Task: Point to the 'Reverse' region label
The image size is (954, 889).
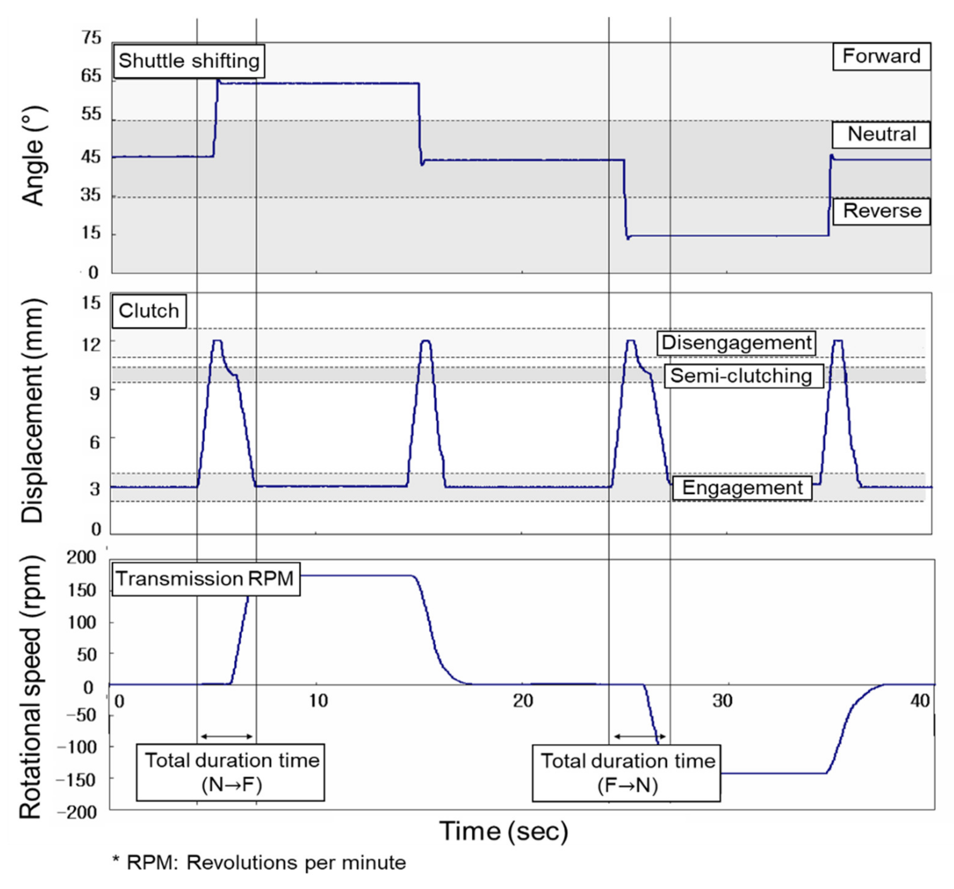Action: point(882,211)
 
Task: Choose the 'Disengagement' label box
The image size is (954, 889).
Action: point(736,343)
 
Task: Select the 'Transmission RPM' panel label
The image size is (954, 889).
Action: point(205,579)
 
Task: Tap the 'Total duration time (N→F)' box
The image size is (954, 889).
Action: point(231,772)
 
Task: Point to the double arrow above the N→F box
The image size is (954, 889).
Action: point(226,736)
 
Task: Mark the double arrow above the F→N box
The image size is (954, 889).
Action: point(640,736)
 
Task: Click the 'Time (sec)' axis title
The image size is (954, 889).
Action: point(503,831)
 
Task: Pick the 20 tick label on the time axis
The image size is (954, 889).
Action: point(523,701)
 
